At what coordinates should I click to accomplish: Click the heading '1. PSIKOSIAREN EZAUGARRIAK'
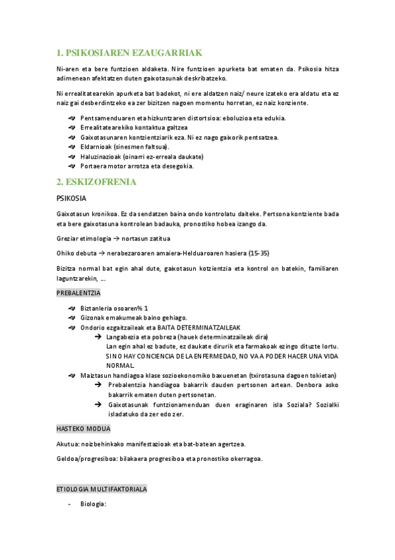129,53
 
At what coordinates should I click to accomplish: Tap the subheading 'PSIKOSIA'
73,198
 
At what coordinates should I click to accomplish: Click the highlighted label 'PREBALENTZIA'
78,293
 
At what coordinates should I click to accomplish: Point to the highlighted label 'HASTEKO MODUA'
82,429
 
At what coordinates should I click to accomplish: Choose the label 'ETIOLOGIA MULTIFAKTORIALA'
102,489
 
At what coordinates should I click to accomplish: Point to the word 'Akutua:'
68,444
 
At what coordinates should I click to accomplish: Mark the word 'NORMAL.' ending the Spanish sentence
120,366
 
